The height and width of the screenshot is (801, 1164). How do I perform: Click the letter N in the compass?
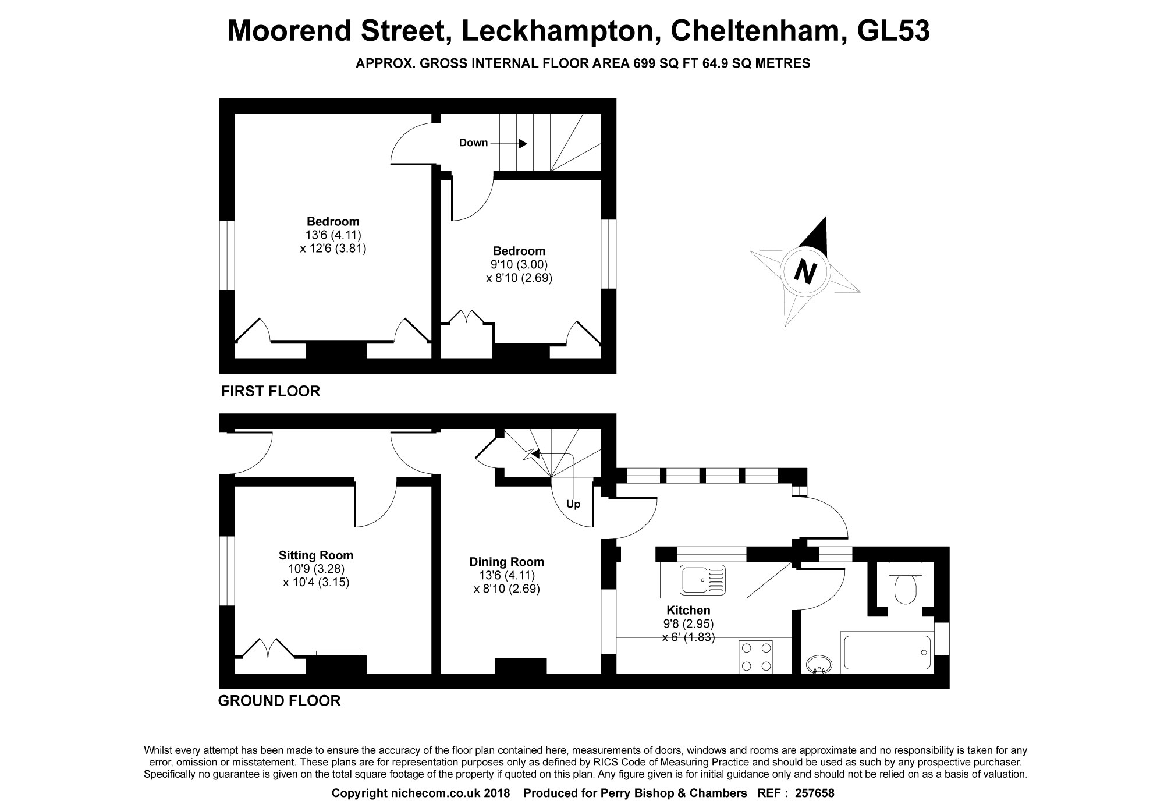point(805,272)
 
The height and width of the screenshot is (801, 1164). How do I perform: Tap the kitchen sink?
point(703,580)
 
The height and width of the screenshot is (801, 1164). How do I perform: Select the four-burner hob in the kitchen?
point(755,656)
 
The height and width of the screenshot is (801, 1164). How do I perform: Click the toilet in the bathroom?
point(905,586)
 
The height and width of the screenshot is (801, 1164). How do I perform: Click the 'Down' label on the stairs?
point(473,143)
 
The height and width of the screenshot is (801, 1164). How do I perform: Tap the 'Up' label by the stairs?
point(573,504)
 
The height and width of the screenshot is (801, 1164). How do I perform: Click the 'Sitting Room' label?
point(316,555)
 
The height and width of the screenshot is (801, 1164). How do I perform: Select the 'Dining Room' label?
point(507,562)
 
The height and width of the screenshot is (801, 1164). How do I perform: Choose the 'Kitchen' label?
point(689,610)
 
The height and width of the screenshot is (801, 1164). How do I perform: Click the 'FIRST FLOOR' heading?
point(271,391)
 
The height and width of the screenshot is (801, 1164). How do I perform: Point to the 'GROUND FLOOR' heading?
point(279,700)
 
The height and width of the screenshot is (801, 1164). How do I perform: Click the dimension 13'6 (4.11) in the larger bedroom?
point(333,235)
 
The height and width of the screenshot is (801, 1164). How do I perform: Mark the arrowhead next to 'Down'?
point(523,143)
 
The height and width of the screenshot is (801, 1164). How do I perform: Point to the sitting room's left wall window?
point(227,571)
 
